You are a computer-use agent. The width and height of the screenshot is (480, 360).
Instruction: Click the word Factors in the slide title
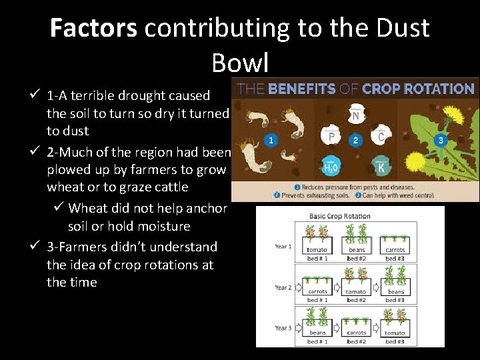coord(93,28)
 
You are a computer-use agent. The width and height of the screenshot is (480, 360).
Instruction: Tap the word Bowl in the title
coord(240,63)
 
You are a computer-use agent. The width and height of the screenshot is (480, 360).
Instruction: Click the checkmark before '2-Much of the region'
coord(37,152)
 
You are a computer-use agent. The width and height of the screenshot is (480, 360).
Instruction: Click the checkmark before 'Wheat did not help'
coord(59,208)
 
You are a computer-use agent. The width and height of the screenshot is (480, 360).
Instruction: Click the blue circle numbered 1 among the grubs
coord(270,141)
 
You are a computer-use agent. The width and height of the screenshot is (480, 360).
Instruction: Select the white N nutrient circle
coord(356,116)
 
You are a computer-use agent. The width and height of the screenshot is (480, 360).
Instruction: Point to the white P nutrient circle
coord(331,137)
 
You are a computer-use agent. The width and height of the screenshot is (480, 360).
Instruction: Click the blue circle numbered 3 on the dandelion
coord(441,141)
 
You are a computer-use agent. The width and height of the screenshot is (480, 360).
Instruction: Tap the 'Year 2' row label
coord(283,288)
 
